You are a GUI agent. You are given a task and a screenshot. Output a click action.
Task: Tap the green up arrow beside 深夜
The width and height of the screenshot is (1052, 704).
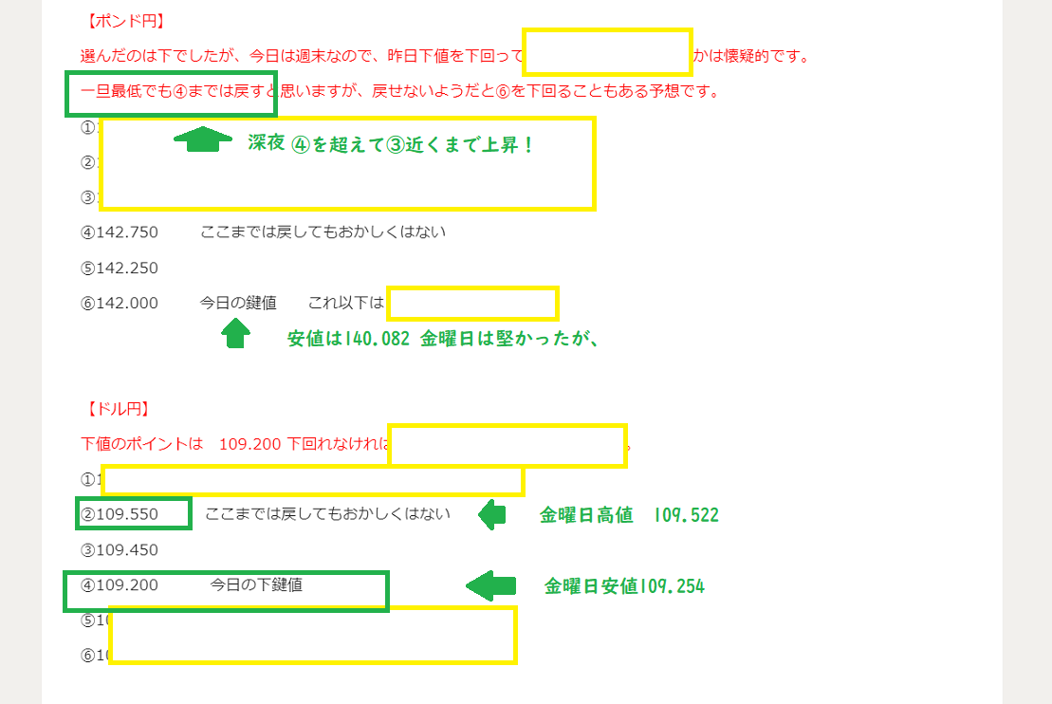(x=203, y=140)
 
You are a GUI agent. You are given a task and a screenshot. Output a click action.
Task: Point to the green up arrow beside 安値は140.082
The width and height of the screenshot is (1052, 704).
(x=235, y=333)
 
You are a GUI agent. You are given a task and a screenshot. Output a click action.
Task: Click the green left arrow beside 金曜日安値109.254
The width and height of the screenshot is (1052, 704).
(x=490, y=585)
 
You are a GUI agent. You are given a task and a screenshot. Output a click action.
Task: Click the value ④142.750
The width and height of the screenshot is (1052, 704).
(x=120, y=232)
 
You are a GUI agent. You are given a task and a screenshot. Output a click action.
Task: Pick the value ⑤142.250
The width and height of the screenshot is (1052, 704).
(x=120, y=268)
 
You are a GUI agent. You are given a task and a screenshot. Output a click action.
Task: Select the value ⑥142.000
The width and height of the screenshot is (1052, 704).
(x=120, y=304)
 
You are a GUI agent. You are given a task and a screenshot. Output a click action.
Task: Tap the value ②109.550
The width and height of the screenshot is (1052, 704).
(x=134, y=514)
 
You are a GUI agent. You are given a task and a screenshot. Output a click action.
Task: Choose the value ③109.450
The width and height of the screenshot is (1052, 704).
(x=120, y=549)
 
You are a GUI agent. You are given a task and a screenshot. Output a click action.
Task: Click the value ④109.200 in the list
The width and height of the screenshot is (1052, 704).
(x=120, y=585)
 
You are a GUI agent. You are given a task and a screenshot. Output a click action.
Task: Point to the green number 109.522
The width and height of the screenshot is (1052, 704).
(x=686, y=516)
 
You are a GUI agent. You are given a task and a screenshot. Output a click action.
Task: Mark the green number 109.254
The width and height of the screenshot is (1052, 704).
(x=673, y=586)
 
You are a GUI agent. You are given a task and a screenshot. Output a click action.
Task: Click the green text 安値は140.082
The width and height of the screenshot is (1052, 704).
(x=347, y=339)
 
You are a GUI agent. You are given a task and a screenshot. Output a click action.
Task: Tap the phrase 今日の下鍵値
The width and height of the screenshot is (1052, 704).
(x=256, y=585)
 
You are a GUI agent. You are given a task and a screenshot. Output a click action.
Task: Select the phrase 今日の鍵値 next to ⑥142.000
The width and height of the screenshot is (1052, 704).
(x=237, y=304)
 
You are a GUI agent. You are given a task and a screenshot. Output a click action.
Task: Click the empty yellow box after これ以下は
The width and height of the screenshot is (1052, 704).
(x=472, y=305)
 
